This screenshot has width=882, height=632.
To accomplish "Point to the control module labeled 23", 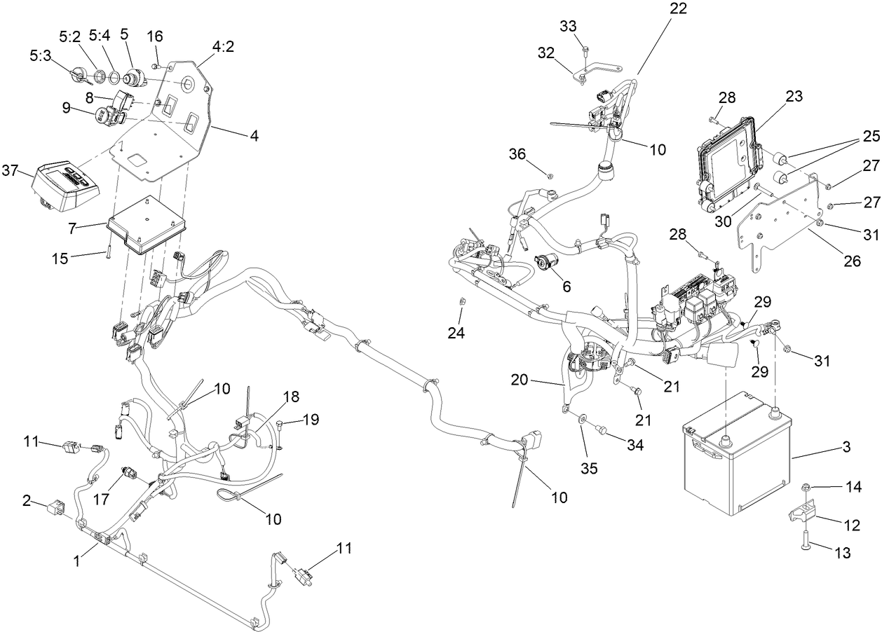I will [x=726, y=167].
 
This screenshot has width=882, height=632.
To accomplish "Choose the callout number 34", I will [x=635, y=444].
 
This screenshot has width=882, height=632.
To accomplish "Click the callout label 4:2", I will [x=223, y=46].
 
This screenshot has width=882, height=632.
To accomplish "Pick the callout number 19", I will [x=311, y=420].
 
